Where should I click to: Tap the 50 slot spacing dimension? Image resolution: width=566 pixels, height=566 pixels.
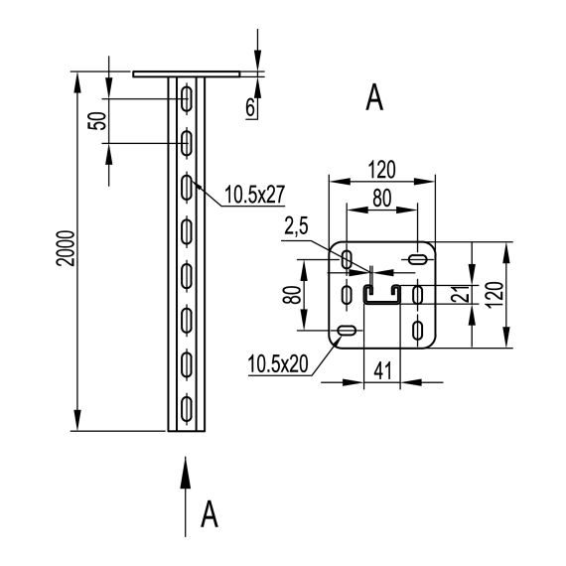pyautogui.click(x=95, y=122)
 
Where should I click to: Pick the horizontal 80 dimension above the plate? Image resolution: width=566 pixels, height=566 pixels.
pyautogui.click(x=382, y=200)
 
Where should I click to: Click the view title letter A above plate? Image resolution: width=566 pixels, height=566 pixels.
pyautogui.click(x=374, y=97)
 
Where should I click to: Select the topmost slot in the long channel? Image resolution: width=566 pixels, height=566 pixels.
pyautogui.click(x=187, y=97)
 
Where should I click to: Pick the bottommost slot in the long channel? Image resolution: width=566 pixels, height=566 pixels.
pyautogui.click(x=187, y=407)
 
